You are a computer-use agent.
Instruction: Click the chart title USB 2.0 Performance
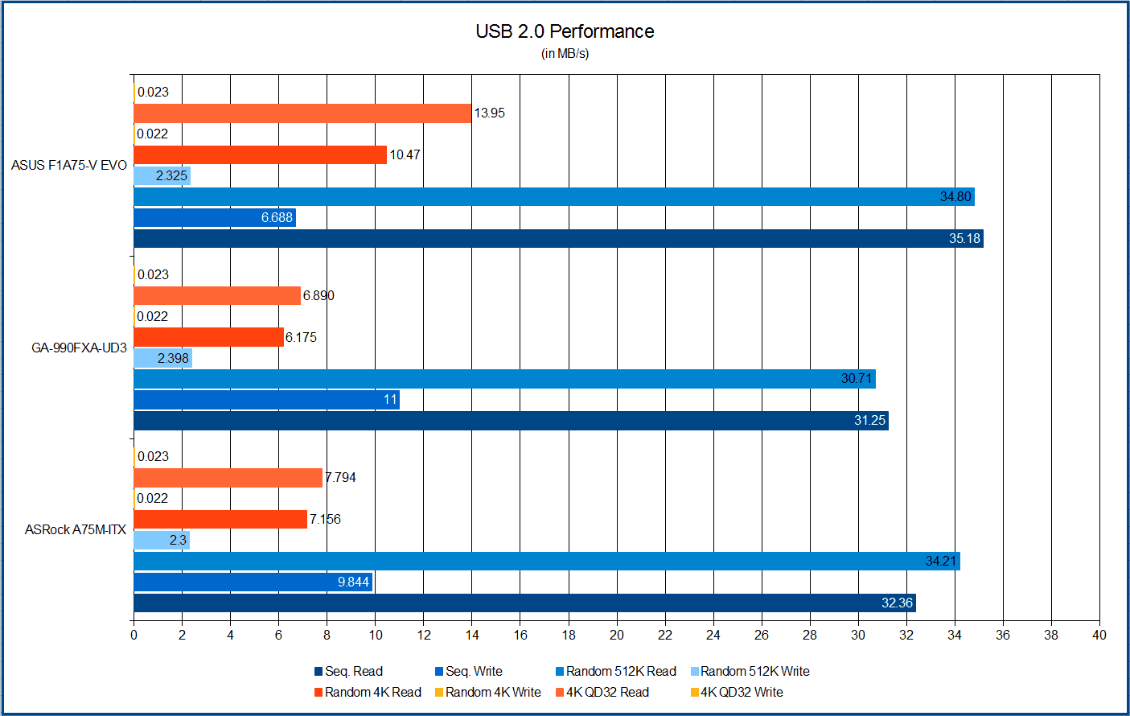pos(565,31)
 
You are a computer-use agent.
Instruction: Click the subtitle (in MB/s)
pos(565,54)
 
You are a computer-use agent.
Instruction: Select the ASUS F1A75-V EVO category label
pos(69,165)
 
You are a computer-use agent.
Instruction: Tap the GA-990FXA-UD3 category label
pos(79,348)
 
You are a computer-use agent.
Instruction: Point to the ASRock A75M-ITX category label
pos(76,529)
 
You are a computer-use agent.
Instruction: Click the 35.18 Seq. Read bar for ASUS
pos(558,238)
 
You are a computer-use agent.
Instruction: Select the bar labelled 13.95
pos(302,113)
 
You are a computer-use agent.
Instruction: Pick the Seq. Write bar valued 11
pos(266,400)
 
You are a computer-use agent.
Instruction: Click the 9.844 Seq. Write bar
pos(253,582)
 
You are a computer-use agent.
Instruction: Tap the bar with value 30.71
pos(504,379)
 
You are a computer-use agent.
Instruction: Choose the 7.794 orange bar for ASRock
pos(228,478)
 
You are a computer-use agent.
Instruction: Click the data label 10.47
pos(405,154)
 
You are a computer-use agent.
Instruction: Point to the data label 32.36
pos(897,603)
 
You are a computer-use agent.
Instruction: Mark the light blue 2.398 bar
pos(162,358)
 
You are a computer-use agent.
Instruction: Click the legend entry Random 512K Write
pos(754,671)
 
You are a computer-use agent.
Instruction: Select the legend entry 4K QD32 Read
pos(607,692)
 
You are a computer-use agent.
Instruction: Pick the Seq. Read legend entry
pos(353,671)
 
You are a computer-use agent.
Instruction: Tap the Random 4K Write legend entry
pos(492,692)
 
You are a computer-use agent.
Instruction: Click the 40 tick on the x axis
pos(1099,635)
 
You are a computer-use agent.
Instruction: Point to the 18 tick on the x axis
pos(569,635)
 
